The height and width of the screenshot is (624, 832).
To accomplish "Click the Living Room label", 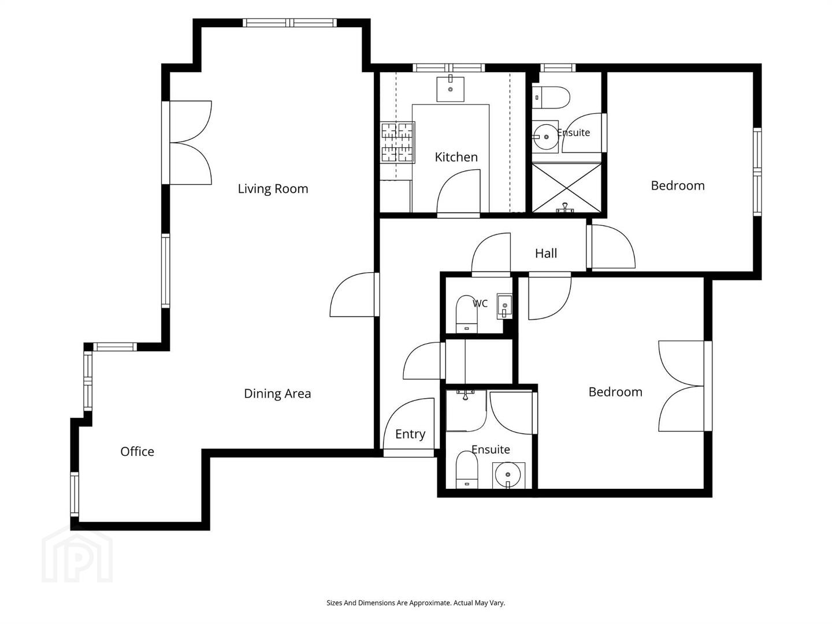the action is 273,188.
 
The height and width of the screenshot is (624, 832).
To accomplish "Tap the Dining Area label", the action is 277,393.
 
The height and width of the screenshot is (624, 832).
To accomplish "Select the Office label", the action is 137,451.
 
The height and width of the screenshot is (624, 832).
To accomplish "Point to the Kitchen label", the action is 456,157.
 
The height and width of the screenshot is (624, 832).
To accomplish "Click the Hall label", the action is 546,253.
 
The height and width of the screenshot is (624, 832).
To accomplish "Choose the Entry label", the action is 410,434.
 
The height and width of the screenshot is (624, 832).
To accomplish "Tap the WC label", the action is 480,303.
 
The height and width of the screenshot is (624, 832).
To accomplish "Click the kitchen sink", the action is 450,88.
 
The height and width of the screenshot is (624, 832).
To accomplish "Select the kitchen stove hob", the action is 398,142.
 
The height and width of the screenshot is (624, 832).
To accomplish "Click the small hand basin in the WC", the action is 504,306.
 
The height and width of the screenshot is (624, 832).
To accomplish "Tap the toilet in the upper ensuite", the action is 551,98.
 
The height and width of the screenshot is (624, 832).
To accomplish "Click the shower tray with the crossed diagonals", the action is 567,188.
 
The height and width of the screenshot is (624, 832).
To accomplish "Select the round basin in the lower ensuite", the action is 508,475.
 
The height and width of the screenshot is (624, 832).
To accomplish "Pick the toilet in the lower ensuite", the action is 467,470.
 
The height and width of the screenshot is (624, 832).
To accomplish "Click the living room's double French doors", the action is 191,143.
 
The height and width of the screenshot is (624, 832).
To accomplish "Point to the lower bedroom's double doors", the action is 681,386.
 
